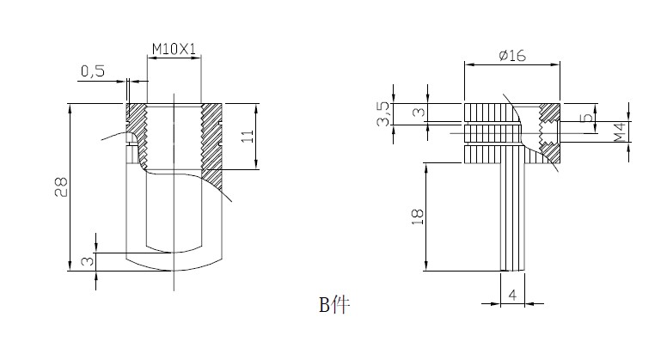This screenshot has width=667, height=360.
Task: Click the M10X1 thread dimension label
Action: click(x=174, y=49)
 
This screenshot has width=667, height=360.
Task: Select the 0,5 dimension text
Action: click(x=92, y=71)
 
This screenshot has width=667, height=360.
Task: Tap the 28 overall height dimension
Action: click(x=61, y=187)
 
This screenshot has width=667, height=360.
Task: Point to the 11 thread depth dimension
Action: click(x=248, y=137)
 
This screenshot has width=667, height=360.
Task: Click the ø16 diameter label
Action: click(x=512, y=56)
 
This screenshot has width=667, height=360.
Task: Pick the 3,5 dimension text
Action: click(x=384, y=113)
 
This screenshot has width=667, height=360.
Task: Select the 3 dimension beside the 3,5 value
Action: click(x=419, y=113)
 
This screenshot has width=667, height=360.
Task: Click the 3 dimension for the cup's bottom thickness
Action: click(x=87, y=261)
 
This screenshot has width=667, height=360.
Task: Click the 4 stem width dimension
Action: click(x=512, y=295)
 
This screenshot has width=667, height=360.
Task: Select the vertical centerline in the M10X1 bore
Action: click(x=174, y=172)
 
